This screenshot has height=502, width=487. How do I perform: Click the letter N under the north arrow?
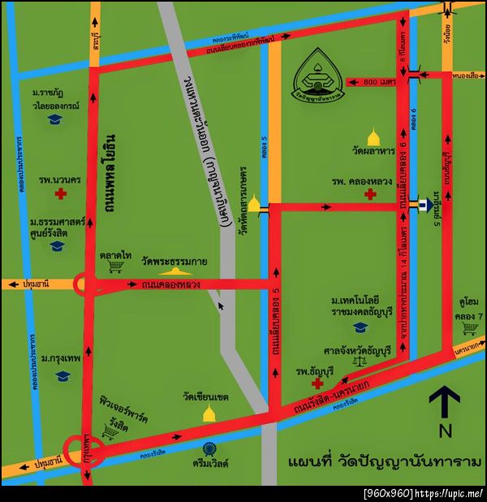tap(445, 430)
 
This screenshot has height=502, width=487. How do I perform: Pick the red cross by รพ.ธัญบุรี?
tap(318, 382)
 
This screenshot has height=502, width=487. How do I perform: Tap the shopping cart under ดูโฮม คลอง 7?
tap(469, 328)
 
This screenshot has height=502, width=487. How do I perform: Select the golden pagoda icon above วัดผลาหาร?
tap(373, 136)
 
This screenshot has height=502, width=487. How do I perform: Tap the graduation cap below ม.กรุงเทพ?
tap(62, 376)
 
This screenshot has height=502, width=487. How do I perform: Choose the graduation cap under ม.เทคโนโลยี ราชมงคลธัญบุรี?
tap(360, 327)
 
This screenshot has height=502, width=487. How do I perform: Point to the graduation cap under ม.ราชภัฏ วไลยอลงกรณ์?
tap(55, 119)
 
